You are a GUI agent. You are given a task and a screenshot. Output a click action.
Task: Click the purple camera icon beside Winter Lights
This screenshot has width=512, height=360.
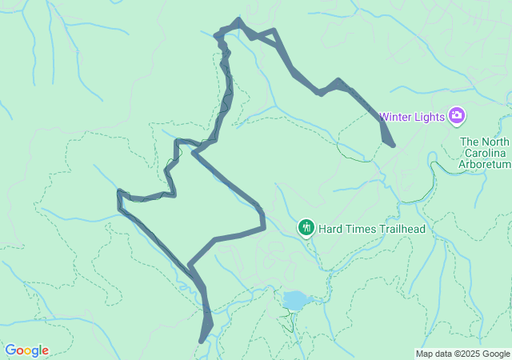pos(457,117)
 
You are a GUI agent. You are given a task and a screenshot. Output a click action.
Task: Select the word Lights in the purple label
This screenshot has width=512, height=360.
pos(430,117)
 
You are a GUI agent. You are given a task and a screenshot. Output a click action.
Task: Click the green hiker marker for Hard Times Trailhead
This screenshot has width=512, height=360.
pos(306,228)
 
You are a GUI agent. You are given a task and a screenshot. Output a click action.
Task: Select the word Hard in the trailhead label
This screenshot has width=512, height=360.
pos(330,229)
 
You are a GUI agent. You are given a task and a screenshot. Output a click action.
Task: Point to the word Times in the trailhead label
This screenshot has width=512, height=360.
pos(361,229)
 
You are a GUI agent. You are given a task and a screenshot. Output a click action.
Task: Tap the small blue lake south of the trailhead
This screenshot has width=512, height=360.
pos(294,300)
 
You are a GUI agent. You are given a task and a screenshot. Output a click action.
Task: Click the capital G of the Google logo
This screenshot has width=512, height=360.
pos(10,350)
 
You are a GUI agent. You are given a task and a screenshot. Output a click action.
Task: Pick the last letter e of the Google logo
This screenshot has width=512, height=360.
pos(45,351)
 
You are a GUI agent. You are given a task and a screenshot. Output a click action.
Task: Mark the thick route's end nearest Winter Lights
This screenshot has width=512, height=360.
pos(392,145)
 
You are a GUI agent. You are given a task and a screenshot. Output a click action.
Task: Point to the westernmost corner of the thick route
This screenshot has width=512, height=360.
pos(119,192)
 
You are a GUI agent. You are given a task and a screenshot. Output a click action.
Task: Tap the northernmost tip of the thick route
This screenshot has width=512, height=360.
pos(238,20)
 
